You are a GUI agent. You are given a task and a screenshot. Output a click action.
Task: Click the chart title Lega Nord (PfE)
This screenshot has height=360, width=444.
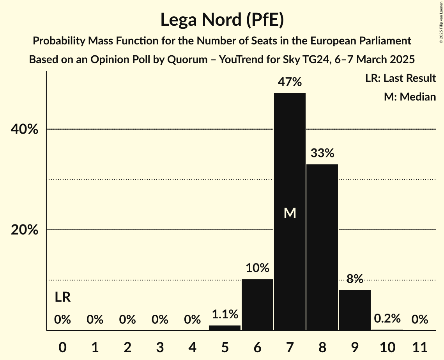[x=222, y=19]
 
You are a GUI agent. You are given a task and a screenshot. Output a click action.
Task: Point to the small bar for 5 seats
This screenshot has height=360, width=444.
[x=225, y=328]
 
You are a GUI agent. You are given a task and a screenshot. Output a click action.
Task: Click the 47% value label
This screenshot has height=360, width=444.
[x=290, y=82]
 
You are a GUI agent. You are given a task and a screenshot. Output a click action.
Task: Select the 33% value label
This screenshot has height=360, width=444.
[x=322, y=153]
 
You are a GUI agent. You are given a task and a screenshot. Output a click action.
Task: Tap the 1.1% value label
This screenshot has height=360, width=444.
[x=225, y=314]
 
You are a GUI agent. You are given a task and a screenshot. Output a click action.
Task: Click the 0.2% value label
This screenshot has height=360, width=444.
[x=387, y=319]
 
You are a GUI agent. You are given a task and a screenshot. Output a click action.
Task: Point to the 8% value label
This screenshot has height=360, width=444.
[x=355, y=279]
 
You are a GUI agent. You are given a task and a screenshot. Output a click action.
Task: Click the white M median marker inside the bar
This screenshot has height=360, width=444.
[x=290, y=213]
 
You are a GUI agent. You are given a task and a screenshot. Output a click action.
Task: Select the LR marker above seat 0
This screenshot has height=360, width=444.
[x=62, y=298]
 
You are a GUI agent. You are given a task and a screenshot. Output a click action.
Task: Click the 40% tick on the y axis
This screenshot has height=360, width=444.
[x=25, y=129]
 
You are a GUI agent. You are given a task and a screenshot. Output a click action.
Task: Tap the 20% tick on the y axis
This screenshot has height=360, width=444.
[x=25, y=230]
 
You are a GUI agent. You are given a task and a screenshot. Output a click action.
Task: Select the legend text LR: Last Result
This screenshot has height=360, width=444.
[x=400, y=78]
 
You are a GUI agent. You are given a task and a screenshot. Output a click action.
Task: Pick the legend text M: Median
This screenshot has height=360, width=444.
[x=410, y=97]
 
